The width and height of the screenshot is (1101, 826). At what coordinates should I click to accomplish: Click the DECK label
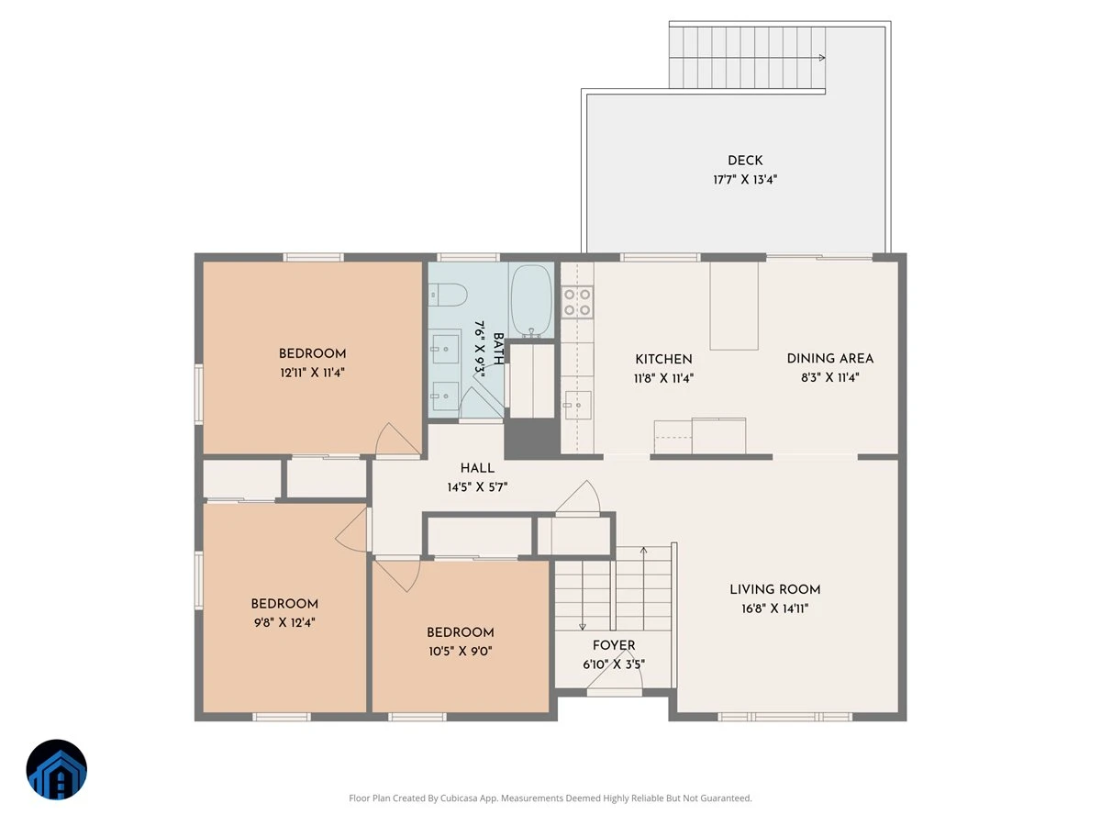745,161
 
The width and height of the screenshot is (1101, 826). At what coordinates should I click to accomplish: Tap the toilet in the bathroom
448,295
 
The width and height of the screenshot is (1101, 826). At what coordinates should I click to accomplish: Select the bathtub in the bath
531,300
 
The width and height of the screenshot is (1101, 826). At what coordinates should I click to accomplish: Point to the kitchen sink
577,405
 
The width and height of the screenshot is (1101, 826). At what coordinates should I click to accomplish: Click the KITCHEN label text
663,359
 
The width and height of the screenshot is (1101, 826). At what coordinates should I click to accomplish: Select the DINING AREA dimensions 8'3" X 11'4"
829,377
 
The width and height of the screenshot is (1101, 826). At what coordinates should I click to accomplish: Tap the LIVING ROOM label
775,589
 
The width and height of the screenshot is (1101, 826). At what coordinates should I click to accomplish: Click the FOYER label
614,645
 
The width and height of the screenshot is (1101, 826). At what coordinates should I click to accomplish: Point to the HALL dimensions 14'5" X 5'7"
477,487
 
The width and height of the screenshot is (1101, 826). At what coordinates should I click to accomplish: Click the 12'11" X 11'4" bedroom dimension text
312,373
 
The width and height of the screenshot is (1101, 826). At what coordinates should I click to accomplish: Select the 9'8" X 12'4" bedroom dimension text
284,622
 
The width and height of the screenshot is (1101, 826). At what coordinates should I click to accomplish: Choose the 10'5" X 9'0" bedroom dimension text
460,651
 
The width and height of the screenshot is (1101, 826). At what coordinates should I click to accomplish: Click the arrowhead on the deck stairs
822,58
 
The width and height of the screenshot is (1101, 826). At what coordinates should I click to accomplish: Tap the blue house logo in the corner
57,769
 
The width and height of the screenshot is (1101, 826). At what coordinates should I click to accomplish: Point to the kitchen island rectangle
733,306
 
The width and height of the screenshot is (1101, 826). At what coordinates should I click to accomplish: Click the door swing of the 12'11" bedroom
398,440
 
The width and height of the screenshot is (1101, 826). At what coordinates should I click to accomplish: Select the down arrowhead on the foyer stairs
583,627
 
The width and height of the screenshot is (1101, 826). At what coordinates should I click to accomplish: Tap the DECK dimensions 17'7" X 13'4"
745,180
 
